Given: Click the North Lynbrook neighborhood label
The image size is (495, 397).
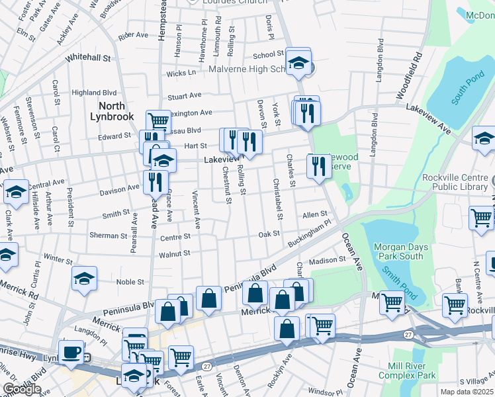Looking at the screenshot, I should point(116,111).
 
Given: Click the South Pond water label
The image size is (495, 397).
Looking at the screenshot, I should point(467,90).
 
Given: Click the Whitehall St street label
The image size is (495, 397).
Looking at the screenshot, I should point(88,58).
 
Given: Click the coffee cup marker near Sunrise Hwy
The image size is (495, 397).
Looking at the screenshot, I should point(71,351).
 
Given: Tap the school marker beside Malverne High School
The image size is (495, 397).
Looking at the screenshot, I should point(299,62).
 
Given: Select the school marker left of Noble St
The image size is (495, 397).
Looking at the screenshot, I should point(84,279).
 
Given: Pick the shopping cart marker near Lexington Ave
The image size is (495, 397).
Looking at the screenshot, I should point(159,122).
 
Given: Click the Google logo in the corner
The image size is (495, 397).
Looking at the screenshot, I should point(21,390).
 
